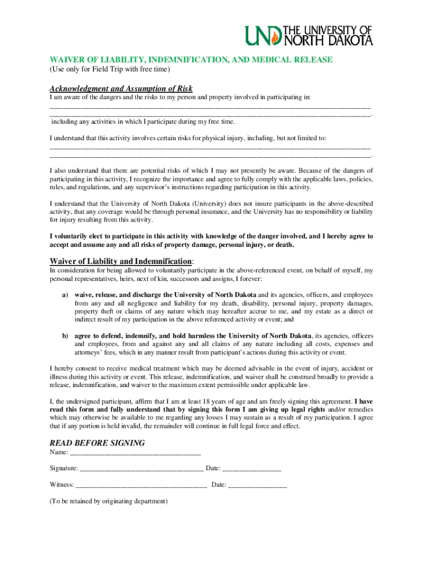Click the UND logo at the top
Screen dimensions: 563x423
(309, 35)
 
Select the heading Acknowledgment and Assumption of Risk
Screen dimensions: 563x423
(121, 89)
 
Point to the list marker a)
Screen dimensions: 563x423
(65, 295)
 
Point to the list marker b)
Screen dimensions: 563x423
(65, 336)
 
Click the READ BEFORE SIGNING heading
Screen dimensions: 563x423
(97, 443)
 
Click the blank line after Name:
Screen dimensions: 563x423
(135, 452)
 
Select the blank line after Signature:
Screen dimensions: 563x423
(142, 468)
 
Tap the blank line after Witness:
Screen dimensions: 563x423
(141, 485)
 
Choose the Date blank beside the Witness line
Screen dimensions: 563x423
(257, 485)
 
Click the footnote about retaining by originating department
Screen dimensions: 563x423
(108, 501)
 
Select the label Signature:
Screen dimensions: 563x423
(64, 468)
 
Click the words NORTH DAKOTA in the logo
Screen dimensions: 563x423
(329, 40)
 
